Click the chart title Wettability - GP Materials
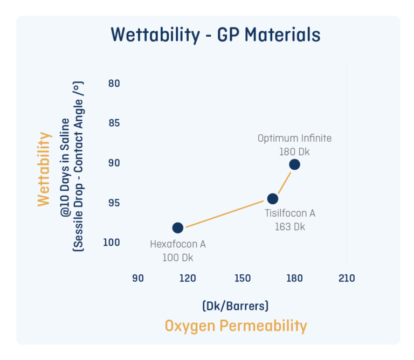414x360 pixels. click(x=216, y=35)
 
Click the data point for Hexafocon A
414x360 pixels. click(x=177, y=227)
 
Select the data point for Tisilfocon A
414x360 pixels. click(x=273, y=198)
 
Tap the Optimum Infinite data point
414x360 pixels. click(x=294, y=164)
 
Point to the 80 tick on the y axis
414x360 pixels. click(x=113, y=84)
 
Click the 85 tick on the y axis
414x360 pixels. click(x=113, y=123)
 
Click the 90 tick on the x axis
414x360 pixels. click(x=138, y=278)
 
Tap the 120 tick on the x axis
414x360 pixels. click(x=187, y=278)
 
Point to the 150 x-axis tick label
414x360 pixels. click(x=243, y=278)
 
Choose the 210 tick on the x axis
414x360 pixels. click(x=346, y=278)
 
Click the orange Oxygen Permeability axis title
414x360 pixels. click(x=236, y=326)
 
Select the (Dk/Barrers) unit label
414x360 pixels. click(x=236, y=306)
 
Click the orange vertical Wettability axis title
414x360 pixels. click(x=44, y=169)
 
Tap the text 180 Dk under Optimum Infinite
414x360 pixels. click(x=294, y=151)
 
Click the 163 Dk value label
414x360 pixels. click(x=289, y=226)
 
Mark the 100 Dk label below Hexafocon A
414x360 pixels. click(x=177, y=258)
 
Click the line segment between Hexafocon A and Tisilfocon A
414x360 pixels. click(x=225, y=213)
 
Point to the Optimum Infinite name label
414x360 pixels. click(x=294, y=139)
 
